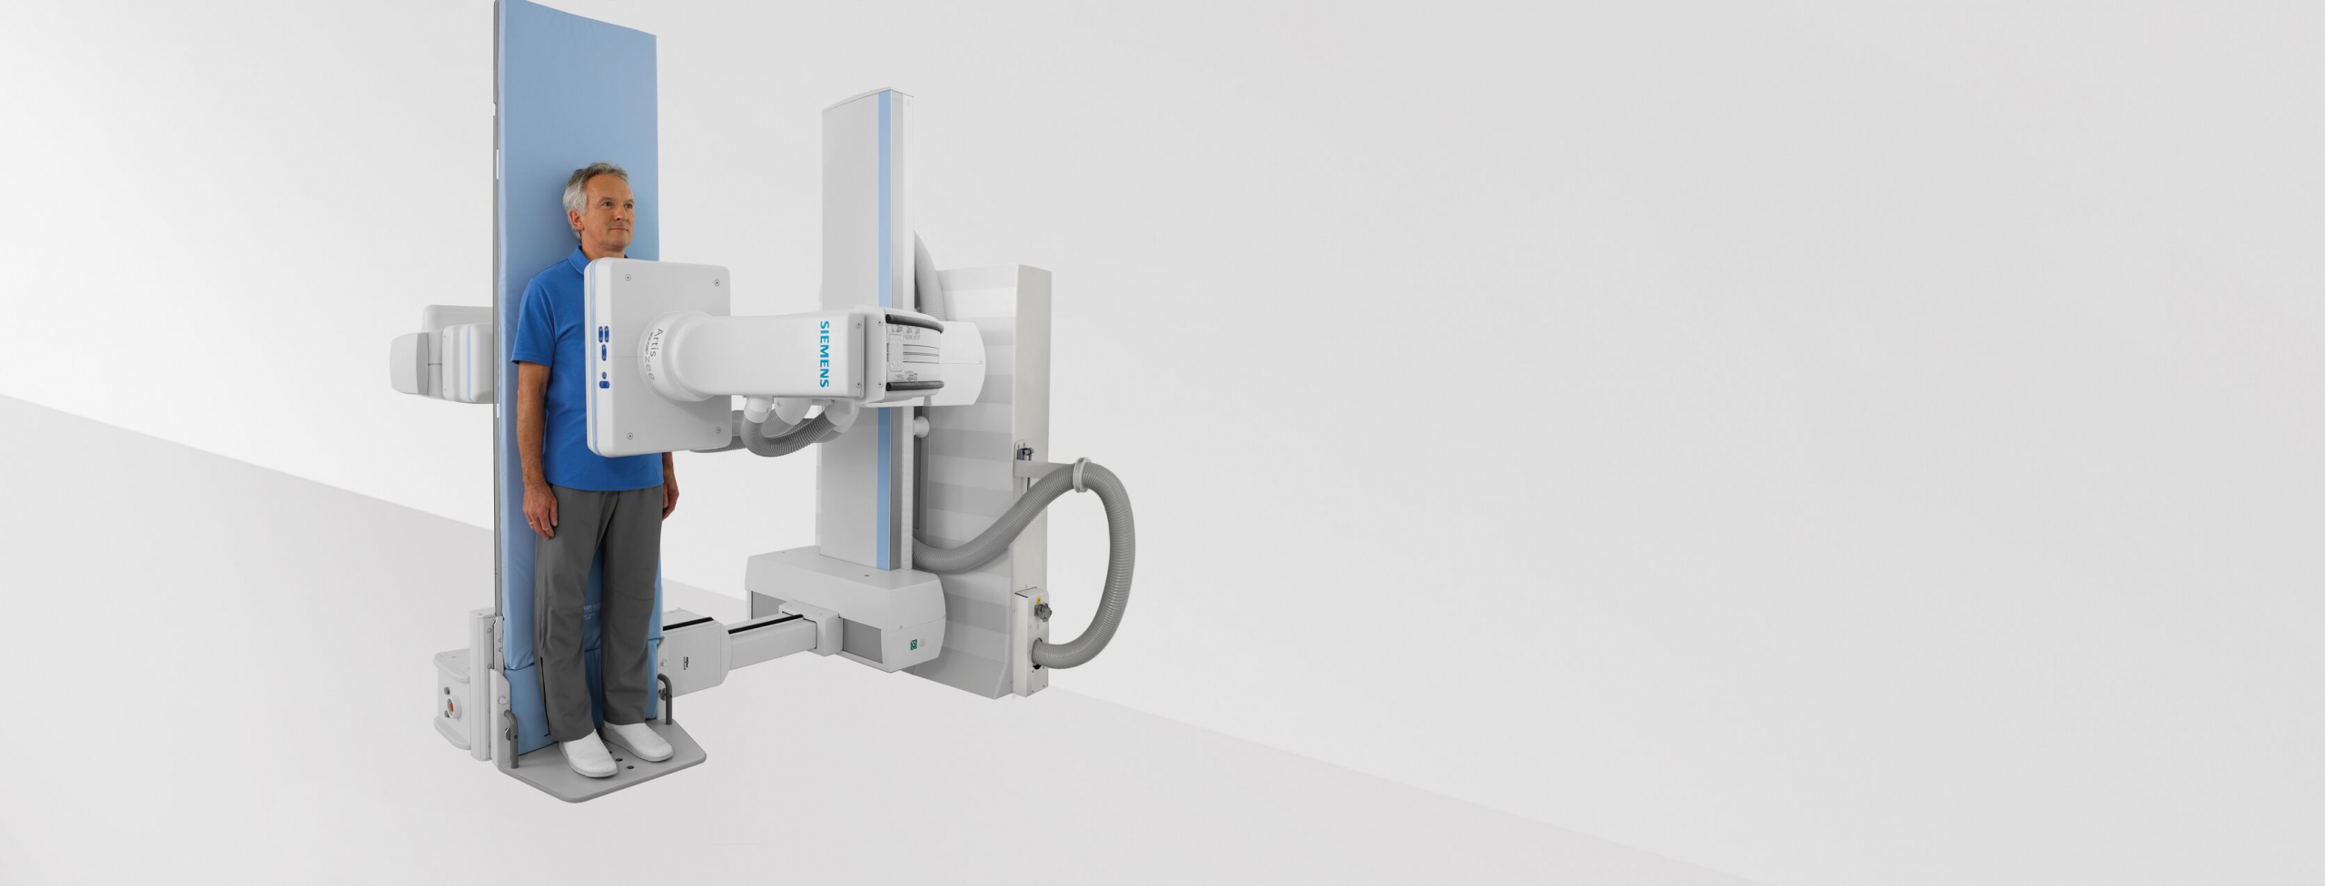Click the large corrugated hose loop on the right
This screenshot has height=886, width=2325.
pos(1113,563)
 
